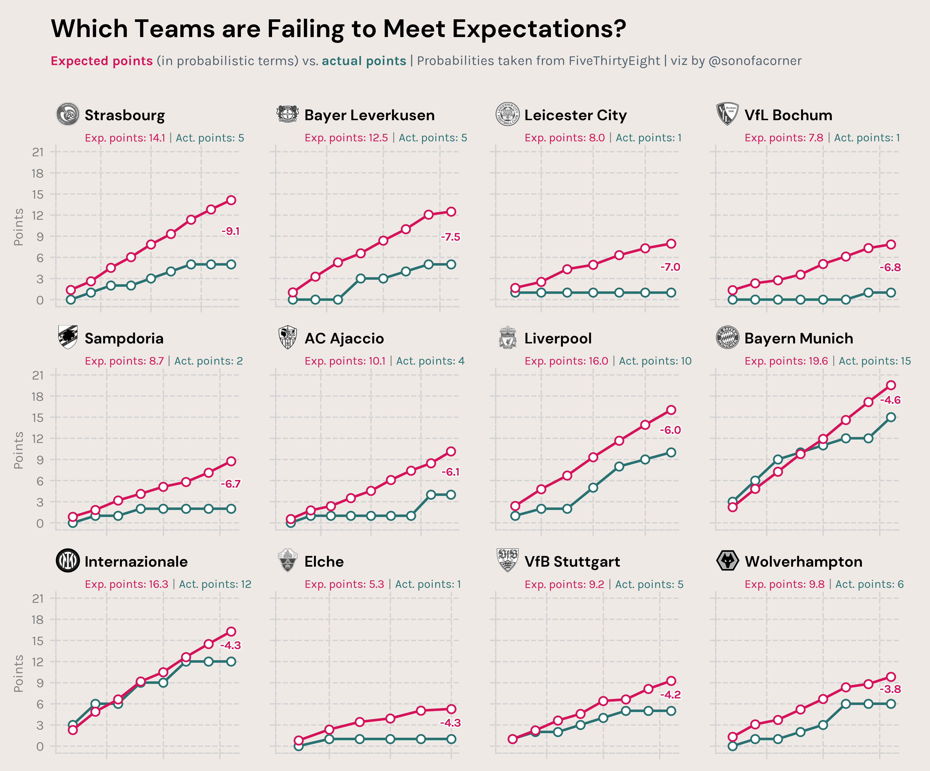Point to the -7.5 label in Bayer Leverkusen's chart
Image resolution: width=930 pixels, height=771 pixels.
(450, 237)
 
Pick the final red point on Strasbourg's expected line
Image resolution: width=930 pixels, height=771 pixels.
(231, 200)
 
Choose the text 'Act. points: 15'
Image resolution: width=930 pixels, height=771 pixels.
(875, 361)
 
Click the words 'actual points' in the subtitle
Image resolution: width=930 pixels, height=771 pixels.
(364, 61)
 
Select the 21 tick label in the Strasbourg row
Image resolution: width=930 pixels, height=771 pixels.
(38, 152)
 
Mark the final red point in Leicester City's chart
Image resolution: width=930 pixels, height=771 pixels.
(671, 244)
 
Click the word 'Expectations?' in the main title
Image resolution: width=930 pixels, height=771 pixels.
(539, 29)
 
